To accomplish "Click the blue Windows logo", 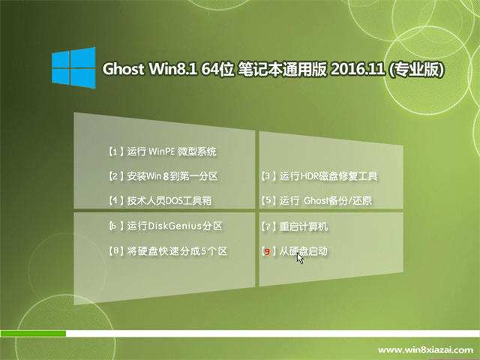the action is click(x=73, y=67).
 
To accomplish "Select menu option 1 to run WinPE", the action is click(x=163, y=151).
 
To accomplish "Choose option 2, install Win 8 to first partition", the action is click(x=163, y=176).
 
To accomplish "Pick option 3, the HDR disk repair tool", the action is click(x=319, y=176).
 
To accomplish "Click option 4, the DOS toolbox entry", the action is click(x=160, y=200).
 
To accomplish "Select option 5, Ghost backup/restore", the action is click(x=316, y=200).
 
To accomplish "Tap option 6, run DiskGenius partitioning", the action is click(x=166, y=226).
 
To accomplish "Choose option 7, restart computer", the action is click(x=295, y=226).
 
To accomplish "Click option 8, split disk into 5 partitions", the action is click(x=168, y=251).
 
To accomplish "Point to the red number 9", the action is click(x=267, y=252).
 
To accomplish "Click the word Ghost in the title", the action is click(x=123, y=69).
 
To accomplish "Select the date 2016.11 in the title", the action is click(x=357, y=69).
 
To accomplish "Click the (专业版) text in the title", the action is click(x=416, y=70).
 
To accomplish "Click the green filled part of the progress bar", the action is click(x=33, y=333).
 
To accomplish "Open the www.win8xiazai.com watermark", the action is click(x=425, y=349).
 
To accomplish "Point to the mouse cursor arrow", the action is click(x=300, y=258).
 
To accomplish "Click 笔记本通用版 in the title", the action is click(x=282, y=69).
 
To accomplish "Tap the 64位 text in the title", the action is click(x=217, y=69).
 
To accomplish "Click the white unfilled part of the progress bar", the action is click(x=273, y=333).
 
